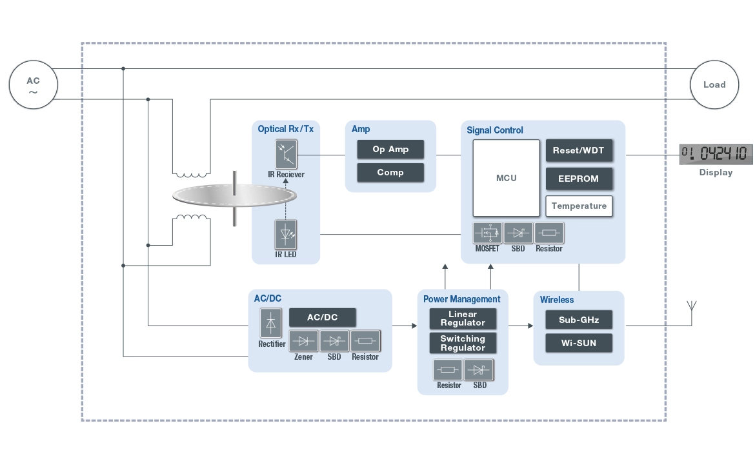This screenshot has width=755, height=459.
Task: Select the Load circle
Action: pos(714,84)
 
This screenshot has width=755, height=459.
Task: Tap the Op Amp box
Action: pos(390,150)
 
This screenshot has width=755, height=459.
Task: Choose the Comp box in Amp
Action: pos(390,173)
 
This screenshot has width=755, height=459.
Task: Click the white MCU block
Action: pos(506,178)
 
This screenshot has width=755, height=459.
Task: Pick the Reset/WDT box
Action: pos(579,151)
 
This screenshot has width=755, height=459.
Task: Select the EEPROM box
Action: pos(579,179)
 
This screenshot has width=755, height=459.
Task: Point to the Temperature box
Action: pos(579,206)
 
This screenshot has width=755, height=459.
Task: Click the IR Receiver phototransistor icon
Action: pos(286,154)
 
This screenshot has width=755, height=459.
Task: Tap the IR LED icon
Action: pos(286,235)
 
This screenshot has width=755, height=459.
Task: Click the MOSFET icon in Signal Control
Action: pos(487,233)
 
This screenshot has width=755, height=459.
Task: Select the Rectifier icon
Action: pos(271,323)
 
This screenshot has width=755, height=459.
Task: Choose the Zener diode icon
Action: pos(303,341)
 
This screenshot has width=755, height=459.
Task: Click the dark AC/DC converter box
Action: pos(322,318)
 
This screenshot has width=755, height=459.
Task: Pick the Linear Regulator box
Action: pos(463,318)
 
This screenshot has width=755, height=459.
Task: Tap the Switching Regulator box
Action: pos(463,343)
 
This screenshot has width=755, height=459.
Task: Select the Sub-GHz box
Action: pos(579,320)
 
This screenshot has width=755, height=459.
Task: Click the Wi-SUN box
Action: pos(579,343)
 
